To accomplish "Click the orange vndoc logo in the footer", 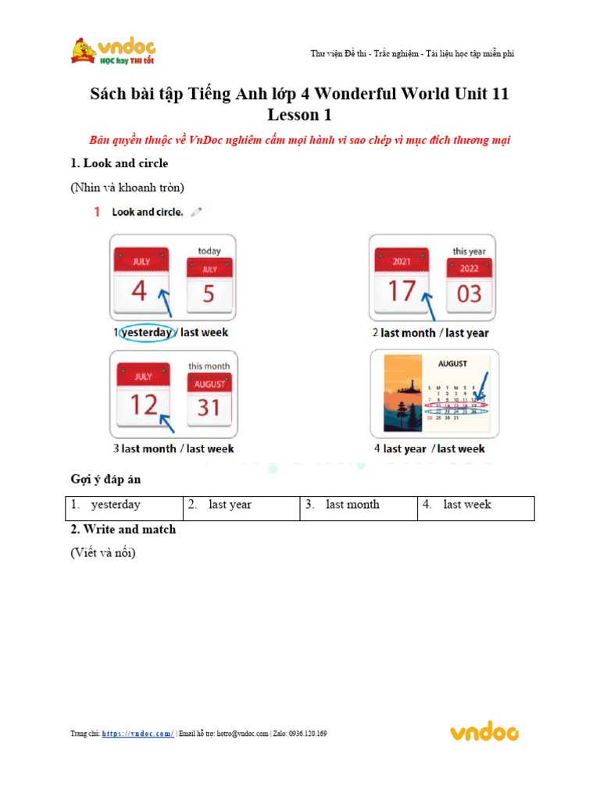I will click(484, 732).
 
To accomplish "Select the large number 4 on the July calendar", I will click(139, 291).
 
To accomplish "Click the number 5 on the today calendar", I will click(209, 294).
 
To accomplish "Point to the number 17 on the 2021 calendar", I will click(402, 291).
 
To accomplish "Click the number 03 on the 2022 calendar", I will click(470, 295).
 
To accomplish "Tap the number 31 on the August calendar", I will click(209, 407).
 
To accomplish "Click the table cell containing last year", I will click(241, 505).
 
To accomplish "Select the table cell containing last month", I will click(359, 505).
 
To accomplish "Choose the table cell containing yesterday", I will click(124, 505).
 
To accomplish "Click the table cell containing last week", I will click(476, 505).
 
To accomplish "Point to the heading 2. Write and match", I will click(123, 529).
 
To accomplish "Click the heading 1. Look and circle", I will click(119, 163).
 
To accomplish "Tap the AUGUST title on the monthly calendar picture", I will click(452, 363).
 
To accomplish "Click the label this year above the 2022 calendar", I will click(471, 251).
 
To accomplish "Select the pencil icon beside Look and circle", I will click(195, 211).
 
